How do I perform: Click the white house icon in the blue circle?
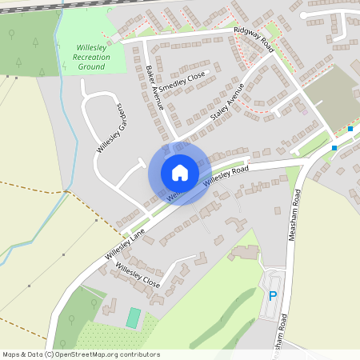[180, 172]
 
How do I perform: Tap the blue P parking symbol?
[273, 296]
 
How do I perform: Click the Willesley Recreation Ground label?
[92, 58]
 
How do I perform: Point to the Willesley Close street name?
[138, 274]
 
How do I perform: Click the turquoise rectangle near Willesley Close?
[133, 317]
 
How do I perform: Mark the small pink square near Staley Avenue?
[304, 111]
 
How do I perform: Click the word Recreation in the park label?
[92, 58]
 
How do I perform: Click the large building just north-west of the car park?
[246, 253]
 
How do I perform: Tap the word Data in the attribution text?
[30, 354]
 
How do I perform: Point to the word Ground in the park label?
[92, 66]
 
